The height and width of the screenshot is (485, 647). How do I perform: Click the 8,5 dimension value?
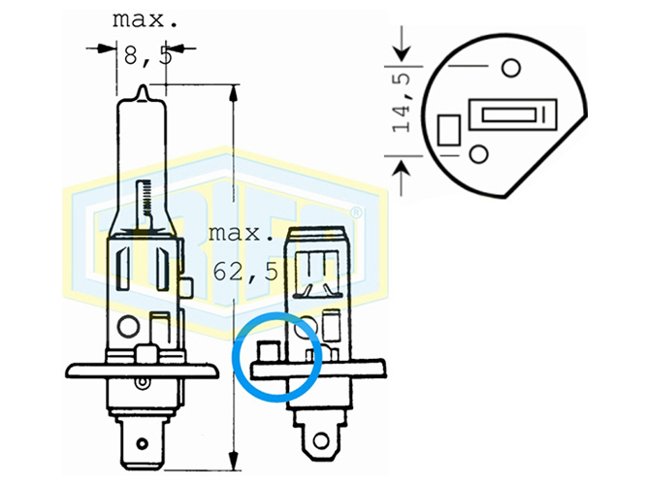[x=147, y=56]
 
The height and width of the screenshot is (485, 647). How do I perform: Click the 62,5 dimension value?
[x=246, y=272]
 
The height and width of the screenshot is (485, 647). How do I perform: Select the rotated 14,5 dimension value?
[x=403, y=103]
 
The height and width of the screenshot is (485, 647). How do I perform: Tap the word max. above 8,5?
[x=146, y=20]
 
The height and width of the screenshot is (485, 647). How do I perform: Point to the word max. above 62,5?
[x=241, y=234]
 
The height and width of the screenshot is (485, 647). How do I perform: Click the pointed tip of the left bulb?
[x=143, y=86]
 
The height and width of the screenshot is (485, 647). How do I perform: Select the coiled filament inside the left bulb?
[x=144, y=200]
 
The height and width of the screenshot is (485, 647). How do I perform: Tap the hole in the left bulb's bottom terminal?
[x=142, y=444]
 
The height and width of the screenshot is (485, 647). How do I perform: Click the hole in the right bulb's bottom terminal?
[x=320, y=440]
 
